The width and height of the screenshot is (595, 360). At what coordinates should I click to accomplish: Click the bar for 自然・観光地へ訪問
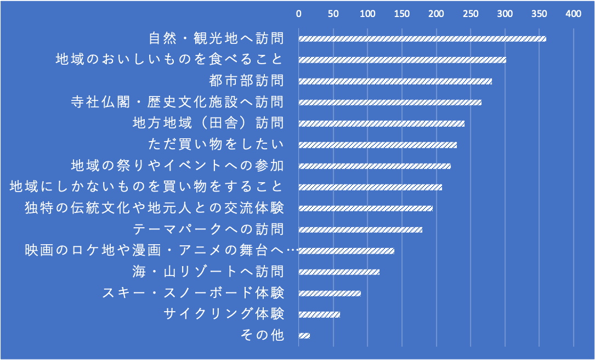tap(422, 39)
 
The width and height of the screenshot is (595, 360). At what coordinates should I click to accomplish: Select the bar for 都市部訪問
tap(395, 81)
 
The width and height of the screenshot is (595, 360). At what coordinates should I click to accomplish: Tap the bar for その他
tap(304, 335)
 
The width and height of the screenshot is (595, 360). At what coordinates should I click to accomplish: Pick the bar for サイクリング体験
tap(319, 314)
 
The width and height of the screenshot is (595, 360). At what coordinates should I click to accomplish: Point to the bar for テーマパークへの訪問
tap(360, 229)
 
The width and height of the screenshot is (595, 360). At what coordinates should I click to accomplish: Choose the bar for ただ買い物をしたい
tap(378, 145)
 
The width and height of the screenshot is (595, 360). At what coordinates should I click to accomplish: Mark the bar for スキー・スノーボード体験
tap(330, 293)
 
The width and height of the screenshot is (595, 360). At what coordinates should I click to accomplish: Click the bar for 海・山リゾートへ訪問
tap(339, 272)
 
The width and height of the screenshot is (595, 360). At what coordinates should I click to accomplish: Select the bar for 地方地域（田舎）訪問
tap(382, 123)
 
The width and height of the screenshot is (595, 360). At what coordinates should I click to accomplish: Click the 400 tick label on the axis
tap(574, 14)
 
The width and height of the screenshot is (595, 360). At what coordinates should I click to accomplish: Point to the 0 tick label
tap(299, 14)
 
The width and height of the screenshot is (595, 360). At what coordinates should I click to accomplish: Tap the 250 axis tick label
tap(471, 14)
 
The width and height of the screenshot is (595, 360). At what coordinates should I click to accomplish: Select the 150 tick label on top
tap(402, 14)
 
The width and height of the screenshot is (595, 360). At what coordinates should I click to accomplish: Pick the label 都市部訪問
tap(247, 81)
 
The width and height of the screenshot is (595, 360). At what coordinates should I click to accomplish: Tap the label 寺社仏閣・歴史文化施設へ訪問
tap(178, 102)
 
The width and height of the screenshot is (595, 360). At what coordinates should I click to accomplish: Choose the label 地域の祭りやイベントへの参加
tap(178, 165)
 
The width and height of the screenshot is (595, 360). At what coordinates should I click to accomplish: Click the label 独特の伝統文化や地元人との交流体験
tap(155, 208)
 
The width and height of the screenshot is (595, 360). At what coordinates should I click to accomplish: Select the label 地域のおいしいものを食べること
tap(170, 59)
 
